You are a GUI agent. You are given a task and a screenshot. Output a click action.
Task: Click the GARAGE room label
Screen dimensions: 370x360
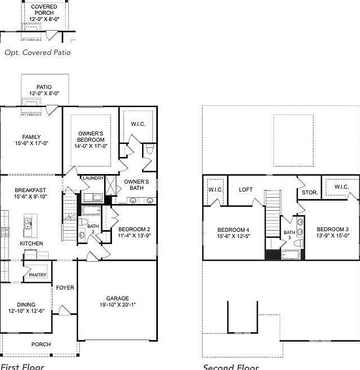click(117, 298)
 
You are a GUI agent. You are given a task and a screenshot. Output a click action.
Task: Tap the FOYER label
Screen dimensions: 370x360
click(65, 288)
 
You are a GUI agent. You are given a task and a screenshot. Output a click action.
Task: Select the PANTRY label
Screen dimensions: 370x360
click(37, 275)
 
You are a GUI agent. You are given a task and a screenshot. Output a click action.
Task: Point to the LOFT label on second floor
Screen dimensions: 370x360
click(246, 190)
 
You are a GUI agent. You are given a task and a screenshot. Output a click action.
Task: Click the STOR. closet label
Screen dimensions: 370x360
click(310, 193)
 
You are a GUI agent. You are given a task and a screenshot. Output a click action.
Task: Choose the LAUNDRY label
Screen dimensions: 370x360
click(93, 178)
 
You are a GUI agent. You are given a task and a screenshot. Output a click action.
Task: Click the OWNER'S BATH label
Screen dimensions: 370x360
click(136, 185)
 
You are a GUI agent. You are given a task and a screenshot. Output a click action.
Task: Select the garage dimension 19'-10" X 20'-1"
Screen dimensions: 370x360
click(117, 305)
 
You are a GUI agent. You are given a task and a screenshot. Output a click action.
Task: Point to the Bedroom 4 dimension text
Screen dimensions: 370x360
click(233, 236)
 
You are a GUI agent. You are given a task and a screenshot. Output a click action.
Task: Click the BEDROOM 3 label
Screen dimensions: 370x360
click(329, 229)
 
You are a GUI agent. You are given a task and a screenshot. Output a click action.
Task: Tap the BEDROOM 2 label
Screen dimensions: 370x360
click(134, 229)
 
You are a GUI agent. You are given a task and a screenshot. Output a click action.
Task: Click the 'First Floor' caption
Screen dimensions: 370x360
click(22, 366)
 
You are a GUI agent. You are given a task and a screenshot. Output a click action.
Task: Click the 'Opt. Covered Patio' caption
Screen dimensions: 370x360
click(37, 52)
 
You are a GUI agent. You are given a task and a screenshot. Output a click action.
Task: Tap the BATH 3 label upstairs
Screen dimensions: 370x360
click(289, 235)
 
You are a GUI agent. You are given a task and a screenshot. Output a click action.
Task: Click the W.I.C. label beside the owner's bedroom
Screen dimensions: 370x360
click(139, 124)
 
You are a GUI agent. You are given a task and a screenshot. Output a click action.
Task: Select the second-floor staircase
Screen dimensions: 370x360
click(273, 210)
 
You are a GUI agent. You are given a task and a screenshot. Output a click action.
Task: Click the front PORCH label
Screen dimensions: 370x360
click(41, 344)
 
